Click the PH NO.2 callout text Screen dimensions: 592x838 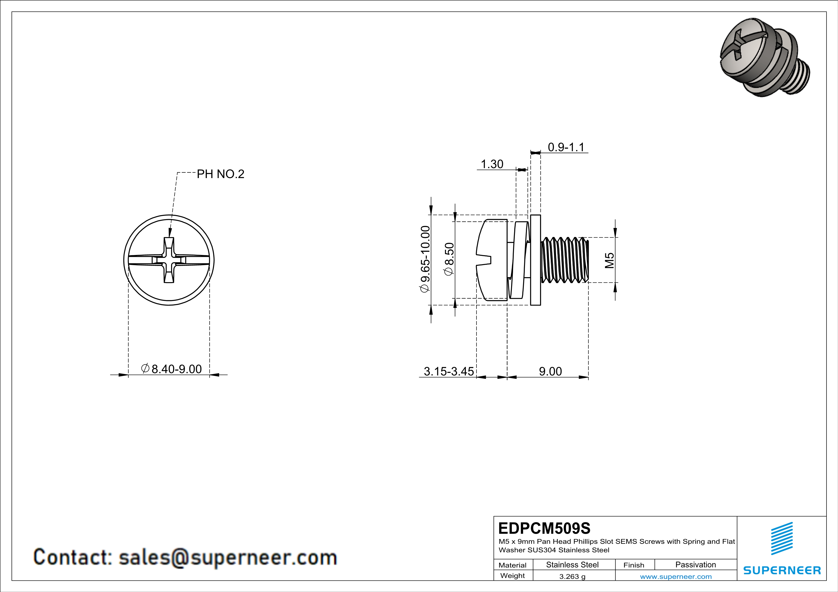click(221, 174)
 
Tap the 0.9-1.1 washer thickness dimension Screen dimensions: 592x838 click(566, 147)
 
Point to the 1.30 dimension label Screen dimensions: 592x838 click(492, 164)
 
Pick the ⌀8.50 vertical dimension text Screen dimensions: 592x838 click(449, 259)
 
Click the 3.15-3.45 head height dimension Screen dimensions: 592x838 click(449, 371)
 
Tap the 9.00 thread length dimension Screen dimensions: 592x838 click(550, 371)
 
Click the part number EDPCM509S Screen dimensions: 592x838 click(544, 528)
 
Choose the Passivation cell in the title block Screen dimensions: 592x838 click(695, 565)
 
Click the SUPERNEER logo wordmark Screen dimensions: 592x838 click(782, 571)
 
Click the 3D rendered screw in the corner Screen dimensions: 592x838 click(765, 58)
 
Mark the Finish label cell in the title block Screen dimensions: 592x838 click(634, 565)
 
